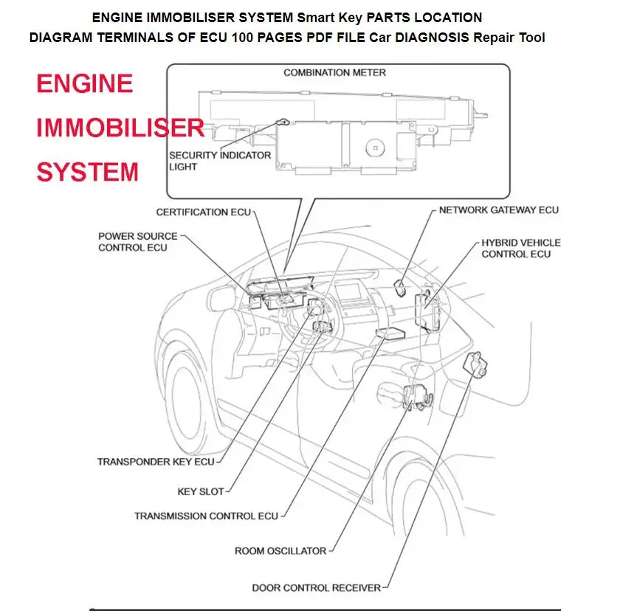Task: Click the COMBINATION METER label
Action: (334, 73)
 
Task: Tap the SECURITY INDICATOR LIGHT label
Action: (220, 161)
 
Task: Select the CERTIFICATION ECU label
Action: (203, 212)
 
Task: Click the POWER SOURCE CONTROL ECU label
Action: (137, 242)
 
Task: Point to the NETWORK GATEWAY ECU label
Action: (498, 210)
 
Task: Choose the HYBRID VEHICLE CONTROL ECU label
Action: (520, 248)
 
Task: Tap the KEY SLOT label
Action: (200, 491)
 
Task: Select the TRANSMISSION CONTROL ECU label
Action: (206, 516)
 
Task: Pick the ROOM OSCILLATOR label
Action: (280, 551)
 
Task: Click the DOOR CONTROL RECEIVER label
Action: (316, 588)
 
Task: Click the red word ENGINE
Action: (85, 83)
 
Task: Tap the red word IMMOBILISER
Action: (120, 128)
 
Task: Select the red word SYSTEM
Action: (88, 173)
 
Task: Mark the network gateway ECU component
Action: (402, 287)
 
